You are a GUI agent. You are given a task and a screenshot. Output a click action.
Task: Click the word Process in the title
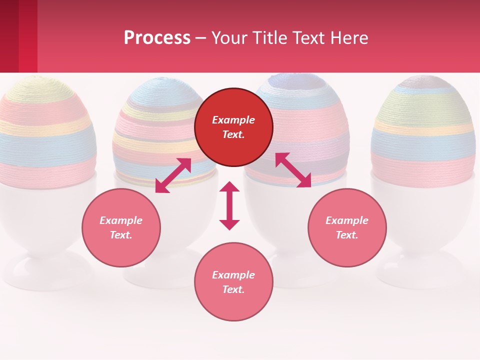pyautogui.click(x=157, y=38)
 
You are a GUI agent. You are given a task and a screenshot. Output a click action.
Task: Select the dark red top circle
pyautogui.click(x=233, y=127)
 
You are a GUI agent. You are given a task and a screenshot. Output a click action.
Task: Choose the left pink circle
pyautogui.click(x=121, y=227)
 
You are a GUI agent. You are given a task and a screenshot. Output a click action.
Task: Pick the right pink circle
pyautogui.click(x=347, y=227)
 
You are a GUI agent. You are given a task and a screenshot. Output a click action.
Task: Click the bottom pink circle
pyautogui.click(x=233, y=281)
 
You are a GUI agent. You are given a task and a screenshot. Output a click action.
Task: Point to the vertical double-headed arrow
pyautogui.click(x=229, y=205)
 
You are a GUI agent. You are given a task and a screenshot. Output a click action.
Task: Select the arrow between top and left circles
pyautogui.click(x=173, y=175)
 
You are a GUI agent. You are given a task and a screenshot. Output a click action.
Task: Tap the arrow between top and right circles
pyautogui.click(x=293, y=170)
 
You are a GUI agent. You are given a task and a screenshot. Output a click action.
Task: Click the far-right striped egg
pyautogui.click(x=423, y=130)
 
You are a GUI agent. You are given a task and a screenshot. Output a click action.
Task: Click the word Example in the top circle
pyautogui.click(x=233, y=120)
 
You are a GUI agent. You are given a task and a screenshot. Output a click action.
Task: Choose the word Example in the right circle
pyautogui.click(x=347, y=220)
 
